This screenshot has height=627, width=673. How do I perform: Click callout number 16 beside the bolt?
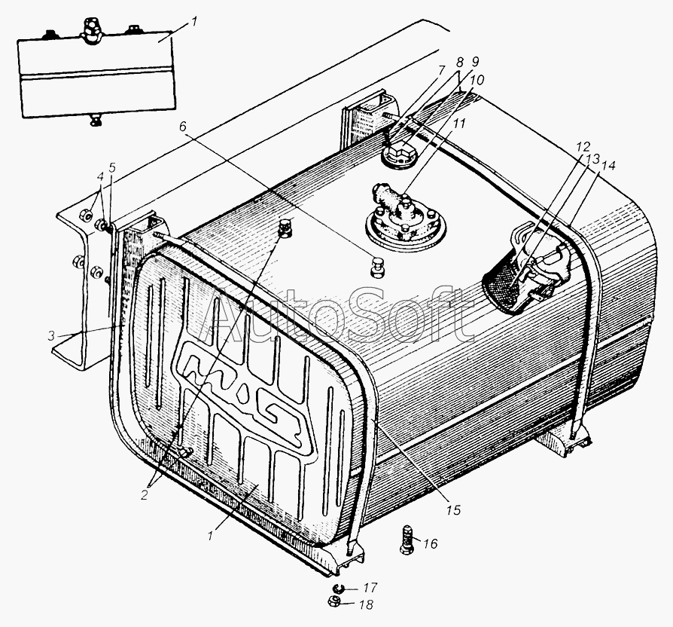point(430,544)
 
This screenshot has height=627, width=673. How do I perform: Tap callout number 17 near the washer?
point(370,588)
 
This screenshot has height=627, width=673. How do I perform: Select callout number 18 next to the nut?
point(366,604)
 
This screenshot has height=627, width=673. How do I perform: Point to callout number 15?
point(453,509)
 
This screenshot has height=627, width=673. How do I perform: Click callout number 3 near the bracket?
point(52,335)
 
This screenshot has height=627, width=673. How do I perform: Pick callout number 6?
point(183,127)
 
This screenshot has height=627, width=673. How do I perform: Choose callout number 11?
point(459,124)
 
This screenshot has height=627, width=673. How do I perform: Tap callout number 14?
point(608,165)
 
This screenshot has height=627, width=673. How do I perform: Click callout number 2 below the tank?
point(145,494)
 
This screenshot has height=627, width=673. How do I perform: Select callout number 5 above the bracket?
point(112,167)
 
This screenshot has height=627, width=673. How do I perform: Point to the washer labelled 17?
point(337,588)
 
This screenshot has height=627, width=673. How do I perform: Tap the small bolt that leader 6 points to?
point(376,268)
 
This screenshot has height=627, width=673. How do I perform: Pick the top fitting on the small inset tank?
point(91,29)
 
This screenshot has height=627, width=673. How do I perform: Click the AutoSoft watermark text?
point(338,316)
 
